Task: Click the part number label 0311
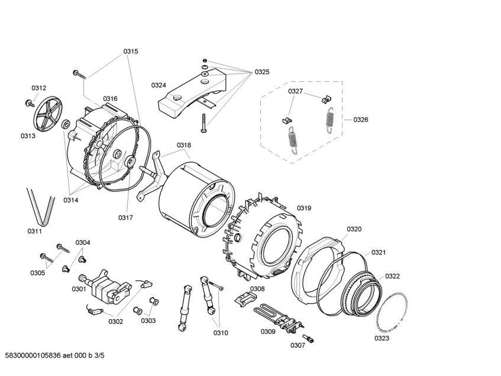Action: tap(34, 231)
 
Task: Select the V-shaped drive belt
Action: tap(37, 204)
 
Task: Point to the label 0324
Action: tap(158, 85)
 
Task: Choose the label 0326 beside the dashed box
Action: tap(360, 120)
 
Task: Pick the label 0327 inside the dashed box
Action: tap(296, 91)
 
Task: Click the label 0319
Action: tap(304, 208)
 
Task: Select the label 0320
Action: tap(354, 229)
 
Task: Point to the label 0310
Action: tap(221, 332)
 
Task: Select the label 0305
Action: tap(38, 273)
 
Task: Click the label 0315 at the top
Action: tap(131, 52)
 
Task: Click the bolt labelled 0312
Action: tap(29, 103)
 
